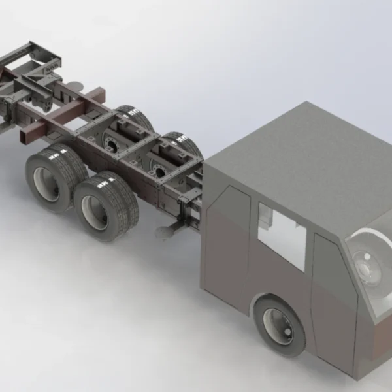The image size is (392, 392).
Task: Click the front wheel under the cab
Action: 280,325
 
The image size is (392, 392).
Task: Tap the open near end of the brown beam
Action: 28,137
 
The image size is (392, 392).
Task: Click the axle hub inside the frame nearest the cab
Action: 157,172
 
